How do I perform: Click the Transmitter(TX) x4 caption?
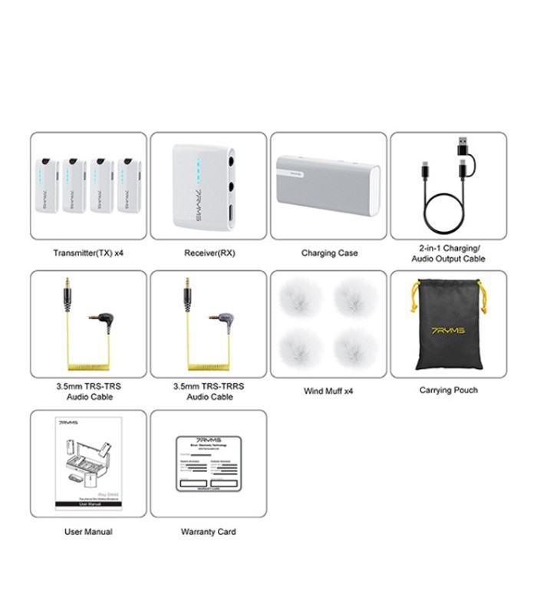[x=88, y=253]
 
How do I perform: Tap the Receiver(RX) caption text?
[x=208, y=253]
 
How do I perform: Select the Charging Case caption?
[x=329, y=253]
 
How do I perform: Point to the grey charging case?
[x=328, y=187]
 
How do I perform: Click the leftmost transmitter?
[x=48, y=185]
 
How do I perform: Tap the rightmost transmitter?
[x=129, y=185]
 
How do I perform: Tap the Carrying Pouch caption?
[x=448, y=391]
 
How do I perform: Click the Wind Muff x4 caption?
[x=328, y=391]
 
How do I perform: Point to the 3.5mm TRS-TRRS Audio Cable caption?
[x=208, y=391]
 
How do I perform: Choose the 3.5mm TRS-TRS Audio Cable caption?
[x=88, y=391]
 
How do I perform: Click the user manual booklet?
[x=88, y=464]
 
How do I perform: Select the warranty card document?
[x=209, y=464]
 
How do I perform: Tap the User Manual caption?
[x=88, y=531]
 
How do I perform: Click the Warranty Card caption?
[x=208, y=531]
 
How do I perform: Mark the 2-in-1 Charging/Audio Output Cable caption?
[x=449, y=254]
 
